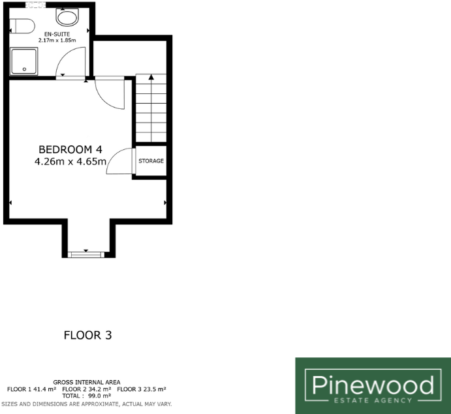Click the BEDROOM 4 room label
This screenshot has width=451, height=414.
pyautogui.click(x=70, y=149)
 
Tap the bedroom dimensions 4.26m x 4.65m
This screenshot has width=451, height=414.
pyautogui.click(x=70, y=162)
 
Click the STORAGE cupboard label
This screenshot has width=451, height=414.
pyautogui.click(x=150, y=161)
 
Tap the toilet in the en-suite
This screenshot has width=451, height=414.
pyautogui.click(x=22, y=27)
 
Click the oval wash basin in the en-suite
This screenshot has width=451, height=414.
pyautogui.click(x=65, y=17)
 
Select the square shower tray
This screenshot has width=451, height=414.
pyautogui.click(x=25, y=61)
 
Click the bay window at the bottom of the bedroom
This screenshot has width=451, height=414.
pyautogui.click(x=86, y=253)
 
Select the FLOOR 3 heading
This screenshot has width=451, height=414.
pyautogui.click(x=88, y=336)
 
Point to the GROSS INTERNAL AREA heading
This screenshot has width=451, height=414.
pyautogui.click(x=87, y=382)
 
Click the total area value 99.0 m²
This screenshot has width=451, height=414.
pyautogui.click(x=98, y=396)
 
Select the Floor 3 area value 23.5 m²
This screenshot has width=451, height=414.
pyautogui.click(x=159, y=389)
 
